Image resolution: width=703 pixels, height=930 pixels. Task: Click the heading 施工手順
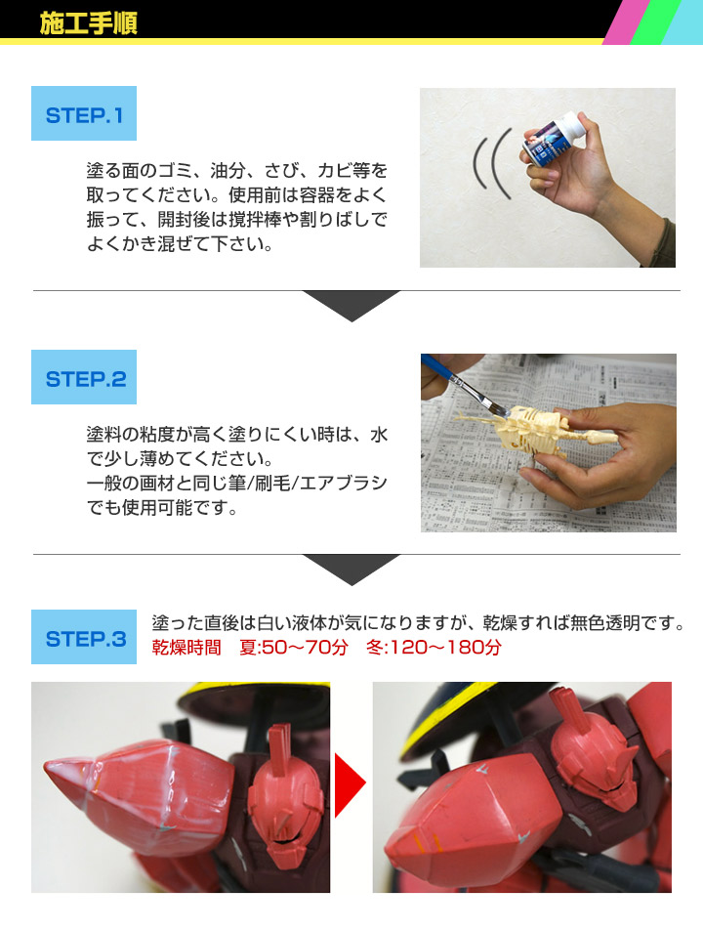(x=88, y=22)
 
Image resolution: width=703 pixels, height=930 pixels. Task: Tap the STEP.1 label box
(x=84, y=114)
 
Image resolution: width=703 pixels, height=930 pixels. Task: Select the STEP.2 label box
(x=84, y=378)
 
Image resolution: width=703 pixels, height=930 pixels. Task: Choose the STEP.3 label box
(x=84, y=638)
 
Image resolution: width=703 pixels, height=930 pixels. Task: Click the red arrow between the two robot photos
(x=351, y=783)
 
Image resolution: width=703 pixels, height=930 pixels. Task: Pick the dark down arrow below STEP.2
(x=351, y=568)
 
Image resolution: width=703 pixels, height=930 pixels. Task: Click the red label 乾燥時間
(x=187, y=648)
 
